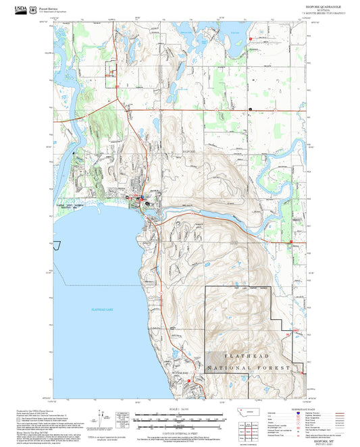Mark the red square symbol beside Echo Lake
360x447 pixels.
pyautogui.click(x=251, y=39)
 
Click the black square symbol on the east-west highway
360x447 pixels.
pyautogui.click(x=250, y=108)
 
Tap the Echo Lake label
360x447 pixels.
pyautogui.click(x=236, y=32)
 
